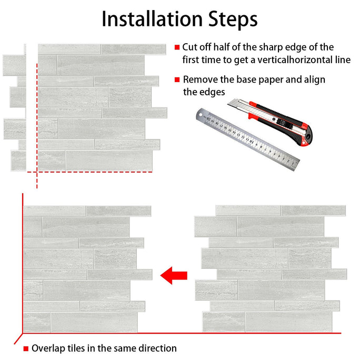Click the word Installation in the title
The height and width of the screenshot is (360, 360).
(x=152, y=19)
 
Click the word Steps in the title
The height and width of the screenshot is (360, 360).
(x=233, y=20)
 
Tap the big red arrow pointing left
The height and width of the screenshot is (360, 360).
(x=174, y=275)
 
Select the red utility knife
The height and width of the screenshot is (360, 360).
(x=271, y=122)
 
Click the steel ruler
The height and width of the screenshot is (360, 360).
(x=247, y=139)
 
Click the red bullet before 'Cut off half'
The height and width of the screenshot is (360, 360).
(x=177, y=47)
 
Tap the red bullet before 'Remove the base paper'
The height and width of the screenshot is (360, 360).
(x=177, y=79)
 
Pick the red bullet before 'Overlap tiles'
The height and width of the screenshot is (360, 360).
(x=26, y=348)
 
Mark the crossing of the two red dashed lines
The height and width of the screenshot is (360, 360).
(x=37, y=172)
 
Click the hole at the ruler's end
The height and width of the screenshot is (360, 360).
(x=201, y=115)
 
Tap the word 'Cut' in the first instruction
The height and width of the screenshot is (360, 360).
(x=190, y=47)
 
